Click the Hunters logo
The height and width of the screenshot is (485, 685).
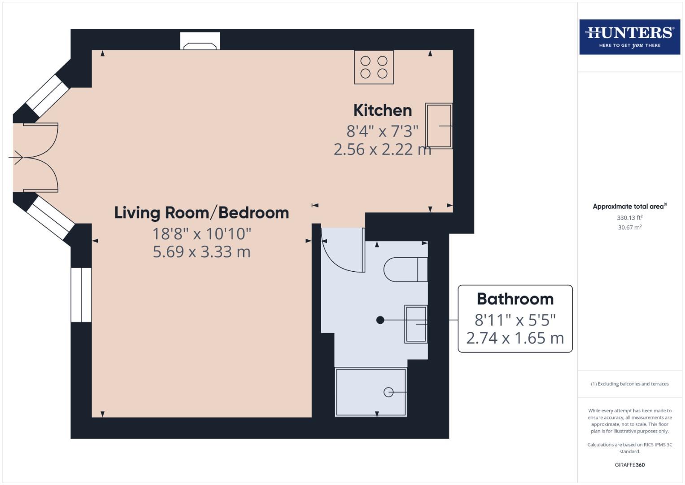point(629,37)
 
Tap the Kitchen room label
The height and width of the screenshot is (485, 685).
point(382,110)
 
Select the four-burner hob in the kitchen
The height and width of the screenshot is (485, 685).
point(374,67)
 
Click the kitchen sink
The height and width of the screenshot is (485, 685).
point(439,126)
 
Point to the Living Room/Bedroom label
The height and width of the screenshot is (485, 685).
point(201,212)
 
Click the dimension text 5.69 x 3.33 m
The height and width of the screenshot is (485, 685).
point(201,252)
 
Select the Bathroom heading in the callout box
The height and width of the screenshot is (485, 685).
point(515,299)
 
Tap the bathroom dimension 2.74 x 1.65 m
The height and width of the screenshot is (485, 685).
point(515,338)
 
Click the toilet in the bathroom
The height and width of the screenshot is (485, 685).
point(405,269)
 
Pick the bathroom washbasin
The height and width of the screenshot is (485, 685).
point(416,324)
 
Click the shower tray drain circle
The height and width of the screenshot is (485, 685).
point(388,392)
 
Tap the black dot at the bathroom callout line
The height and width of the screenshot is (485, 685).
point(380,320)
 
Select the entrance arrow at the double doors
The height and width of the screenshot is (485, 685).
point(16,158)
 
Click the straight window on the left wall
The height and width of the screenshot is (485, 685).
point(81,295)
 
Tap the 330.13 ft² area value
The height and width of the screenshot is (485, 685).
point(629,218)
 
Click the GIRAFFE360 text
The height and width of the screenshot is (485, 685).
point(629,465)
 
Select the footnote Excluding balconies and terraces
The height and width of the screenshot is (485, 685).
point(629,384)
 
